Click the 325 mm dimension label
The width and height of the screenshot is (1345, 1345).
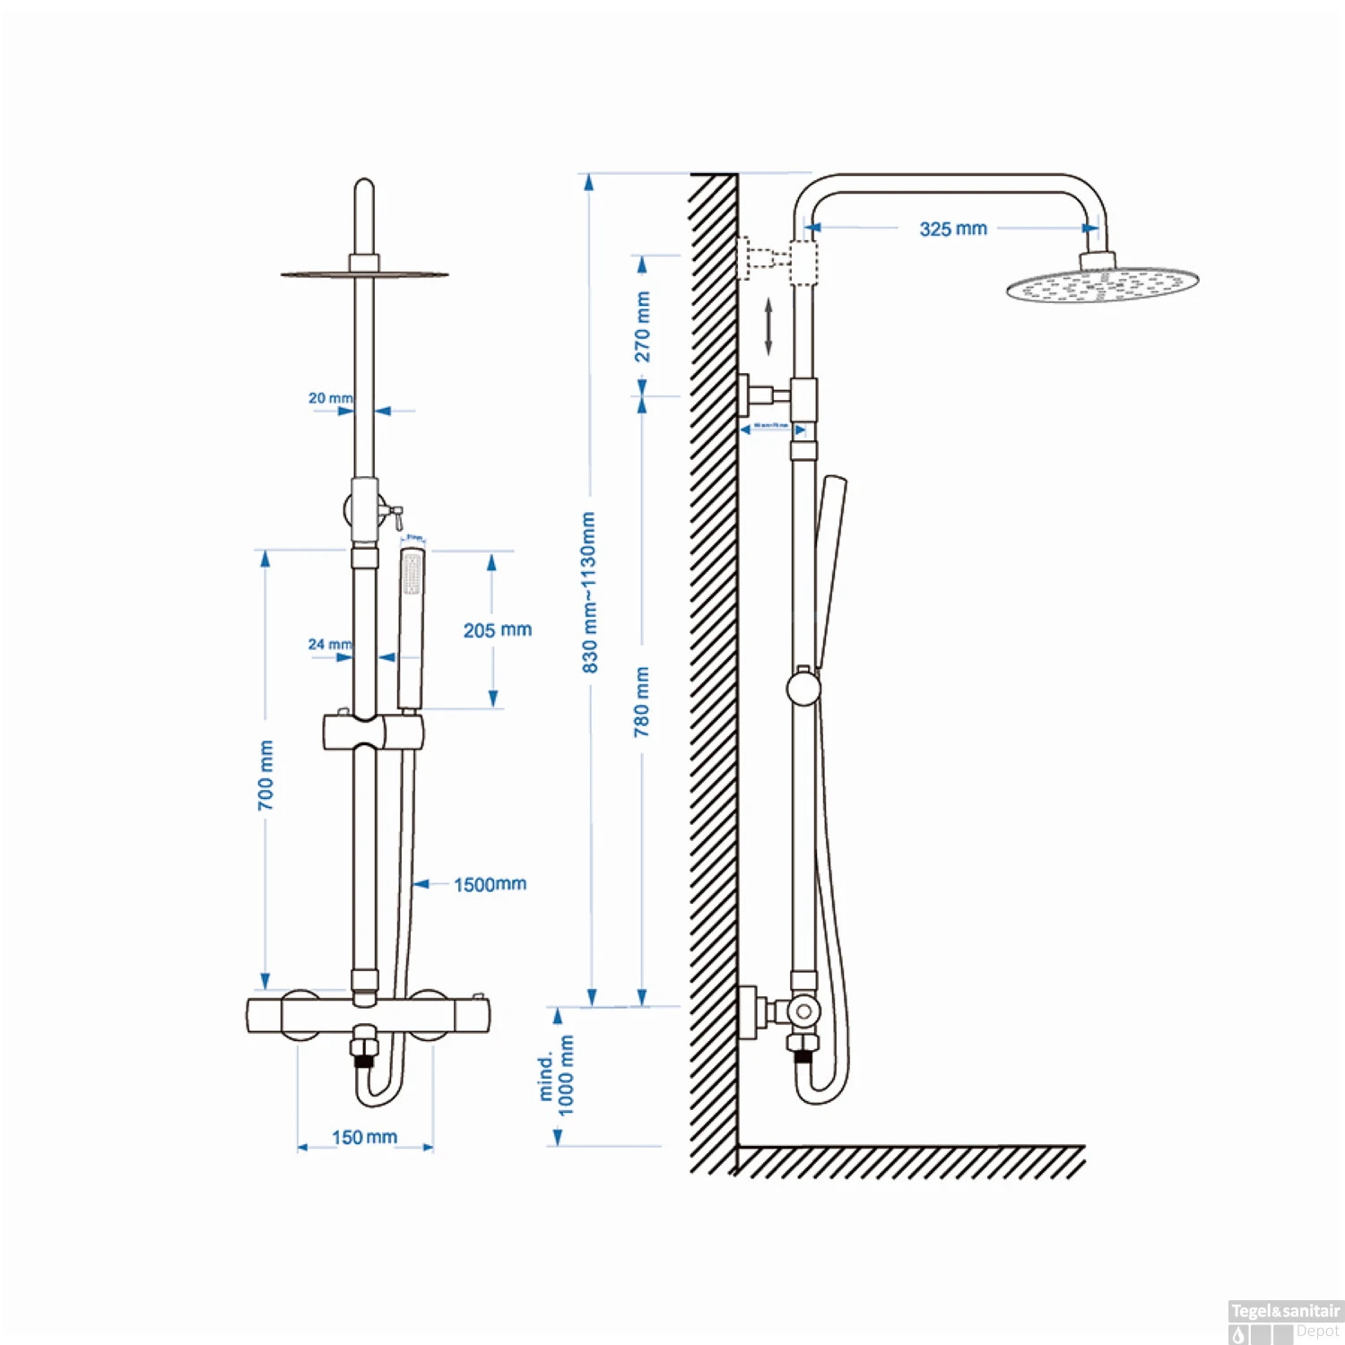tap(952, 229)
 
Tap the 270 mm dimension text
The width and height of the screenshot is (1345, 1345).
tap(643, 326)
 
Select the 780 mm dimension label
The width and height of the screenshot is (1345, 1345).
tap(642, 701)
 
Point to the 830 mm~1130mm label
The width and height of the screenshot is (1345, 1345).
tap(589, 593)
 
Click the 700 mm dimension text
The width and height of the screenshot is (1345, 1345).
tap(266, 775)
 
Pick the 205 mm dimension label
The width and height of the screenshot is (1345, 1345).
tap(497, 630)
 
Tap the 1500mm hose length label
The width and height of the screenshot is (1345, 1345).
tap(490, 884)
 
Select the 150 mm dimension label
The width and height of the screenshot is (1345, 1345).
tap(364, 1137)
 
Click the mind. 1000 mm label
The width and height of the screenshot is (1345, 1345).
tap(556, 1075)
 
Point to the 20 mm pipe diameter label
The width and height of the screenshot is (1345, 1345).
tap(330, 397)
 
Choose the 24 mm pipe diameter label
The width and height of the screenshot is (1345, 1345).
tap(329, 644)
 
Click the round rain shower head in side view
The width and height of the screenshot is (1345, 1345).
tap(1102, 285)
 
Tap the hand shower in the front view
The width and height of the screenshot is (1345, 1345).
tap(412, 628)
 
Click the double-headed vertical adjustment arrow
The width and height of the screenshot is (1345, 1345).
tap(768, 326)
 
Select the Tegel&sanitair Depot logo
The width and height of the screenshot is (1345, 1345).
tap(1285, 1322)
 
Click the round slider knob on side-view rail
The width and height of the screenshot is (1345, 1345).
tap(803, 689)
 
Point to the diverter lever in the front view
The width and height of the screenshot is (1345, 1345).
tap(395, 515)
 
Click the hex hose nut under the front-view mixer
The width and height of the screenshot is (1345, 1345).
tap(364, 1046)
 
